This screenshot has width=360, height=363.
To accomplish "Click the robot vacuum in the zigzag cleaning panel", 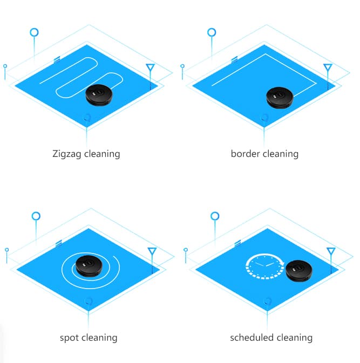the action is pyautogui.click(x=99, y=95).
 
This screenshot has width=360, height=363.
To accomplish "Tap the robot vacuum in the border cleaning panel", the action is pyautogui.click(x=280, y=98).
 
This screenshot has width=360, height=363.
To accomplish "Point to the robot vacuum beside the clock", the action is pyautogui.click(x=299, y=271).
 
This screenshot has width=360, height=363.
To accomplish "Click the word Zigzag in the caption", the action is pyautogui.click(x=67, y=154).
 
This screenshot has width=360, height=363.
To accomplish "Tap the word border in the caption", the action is pyautogui.click(x=246, y=154).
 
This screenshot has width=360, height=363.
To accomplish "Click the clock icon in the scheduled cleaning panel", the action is pyautogui.click(x=265, y=266).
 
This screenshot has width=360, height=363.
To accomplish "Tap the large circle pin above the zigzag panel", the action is pyautogui.click(x=35, y=32).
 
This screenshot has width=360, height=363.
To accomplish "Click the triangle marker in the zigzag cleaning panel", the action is pyautogui.click(x=151, y=67).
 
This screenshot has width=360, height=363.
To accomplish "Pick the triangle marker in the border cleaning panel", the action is pyautogui.click(x=328, y=67).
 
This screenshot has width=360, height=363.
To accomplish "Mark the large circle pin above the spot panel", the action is pyautogui.click(x=36, y=216).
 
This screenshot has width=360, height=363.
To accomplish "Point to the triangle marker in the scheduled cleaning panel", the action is pyautogui.click(x=331, y=251).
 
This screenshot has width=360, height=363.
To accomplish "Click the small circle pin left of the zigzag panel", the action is pyautogui.click(x=5, y=66).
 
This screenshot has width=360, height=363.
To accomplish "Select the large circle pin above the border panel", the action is pyautogui.click(x=212, y=32).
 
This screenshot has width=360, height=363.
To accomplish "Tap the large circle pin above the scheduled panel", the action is pyautogui.click(x=215, y=216).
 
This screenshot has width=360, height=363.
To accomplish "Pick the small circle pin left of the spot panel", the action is pyautogui.click(x=6, y=250).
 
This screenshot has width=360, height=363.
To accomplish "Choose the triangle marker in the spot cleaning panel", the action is pyautogui.click(x=152, y=251).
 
